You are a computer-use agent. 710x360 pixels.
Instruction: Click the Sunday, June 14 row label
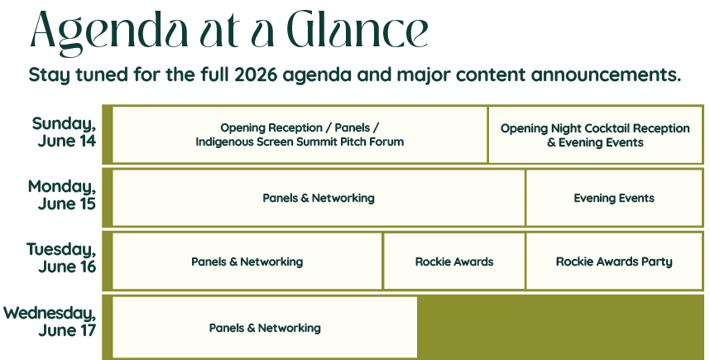click(x=65, y=132)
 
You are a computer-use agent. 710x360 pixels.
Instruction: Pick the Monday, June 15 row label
click(x=62, y=195)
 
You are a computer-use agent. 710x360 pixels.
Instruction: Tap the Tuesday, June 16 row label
click(x=61, y=258)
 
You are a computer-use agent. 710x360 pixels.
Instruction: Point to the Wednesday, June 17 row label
click(x=50, y=321)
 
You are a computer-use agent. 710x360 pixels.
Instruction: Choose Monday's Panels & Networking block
click(x=319, y=198)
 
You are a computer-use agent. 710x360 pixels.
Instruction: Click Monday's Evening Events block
click(x=614, y=198)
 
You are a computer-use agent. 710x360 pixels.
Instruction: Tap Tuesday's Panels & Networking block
click(x=247, y=262)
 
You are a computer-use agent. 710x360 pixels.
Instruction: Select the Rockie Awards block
click(x=454, y=262)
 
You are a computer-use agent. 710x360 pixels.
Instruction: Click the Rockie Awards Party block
click(x=614, y=262)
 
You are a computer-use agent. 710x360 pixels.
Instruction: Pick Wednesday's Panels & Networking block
click(x=265, y=328)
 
